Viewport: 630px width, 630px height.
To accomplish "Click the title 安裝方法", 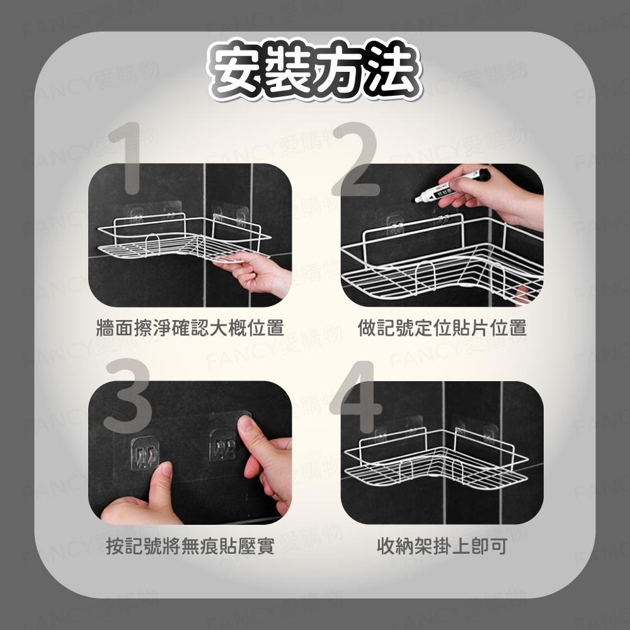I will coord(314,71).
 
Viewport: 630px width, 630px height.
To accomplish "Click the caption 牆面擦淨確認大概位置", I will coord(189,328).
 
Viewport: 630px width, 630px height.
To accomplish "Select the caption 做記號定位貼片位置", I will coord(442,328).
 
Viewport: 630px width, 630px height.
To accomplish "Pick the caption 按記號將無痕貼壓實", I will coord(190,546).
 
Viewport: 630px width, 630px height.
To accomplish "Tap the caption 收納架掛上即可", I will coord(442,546).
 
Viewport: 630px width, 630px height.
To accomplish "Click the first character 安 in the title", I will coord(237,71).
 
